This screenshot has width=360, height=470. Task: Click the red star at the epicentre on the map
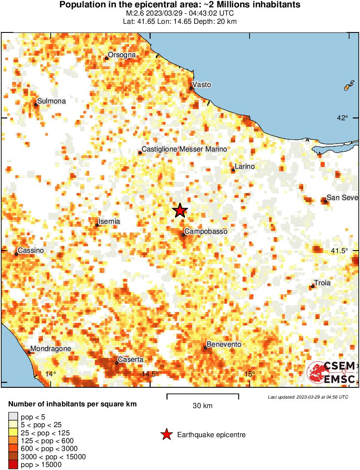(x=180, y=210)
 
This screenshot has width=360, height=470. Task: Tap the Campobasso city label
(x=206, y=232)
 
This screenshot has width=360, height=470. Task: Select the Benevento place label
(x=224, y=344)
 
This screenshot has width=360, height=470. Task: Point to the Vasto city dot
(x=191, y=88)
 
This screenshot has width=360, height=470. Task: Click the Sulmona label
(x=52, y=101)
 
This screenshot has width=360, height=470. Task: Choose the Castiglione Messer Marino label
(x=184, y=149)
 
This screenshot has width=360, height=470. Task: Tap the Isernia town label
(x=110, y=222)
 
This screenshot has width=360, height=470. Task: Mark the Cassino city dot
(x=16, y=254)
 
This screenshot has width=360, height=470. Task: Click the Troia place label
(x=322, y=283)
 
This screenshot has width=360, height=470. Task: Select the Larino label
(x=245, y=167)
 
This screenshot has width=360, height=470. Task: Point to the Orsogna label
(x=122, y=55)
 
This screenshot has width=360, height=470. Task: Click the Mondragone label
(x=51, y=349)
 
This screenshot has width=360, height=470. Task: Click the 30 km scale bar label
(x=202, y=406)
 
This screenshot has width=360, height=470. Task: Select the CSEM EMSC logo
(x=332, y=372)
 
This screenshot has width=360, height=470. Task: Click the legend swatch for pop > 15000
(x=13, y=465)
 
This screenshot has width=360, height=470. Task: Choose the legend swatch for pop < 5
(x=13, y=417)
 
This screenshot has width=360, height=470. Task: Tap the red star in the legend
(x=166, y=435)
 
